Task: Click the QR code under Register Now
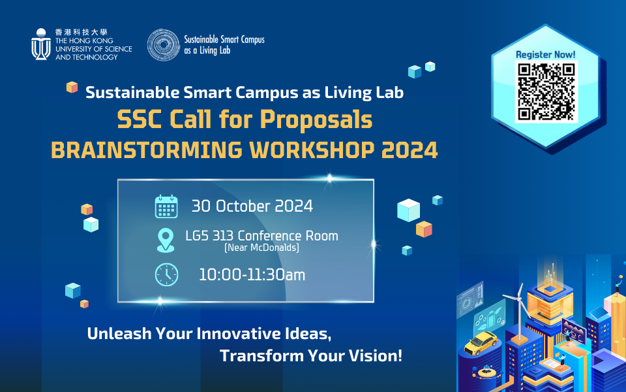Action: click(546, 91)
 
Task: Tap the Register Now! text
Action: click(546, 54)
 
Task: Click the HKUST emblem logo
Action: click(41, 44)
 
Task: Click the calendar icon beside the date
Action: click(166, 206)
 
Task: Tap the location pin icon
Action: click(166, 240)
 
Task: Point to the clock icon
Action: click(166, 274)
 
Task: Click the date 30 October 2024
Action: click(252, 206)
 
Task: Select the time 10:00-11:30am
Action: click(252, 274)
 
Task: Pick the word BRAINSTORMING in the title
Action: click(127, 150)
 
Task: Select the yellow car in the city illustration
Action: click(482, 341)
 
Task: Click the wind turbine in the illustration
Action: click(520, 301)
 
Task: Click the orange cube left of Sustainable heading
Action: click(72, 88)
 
